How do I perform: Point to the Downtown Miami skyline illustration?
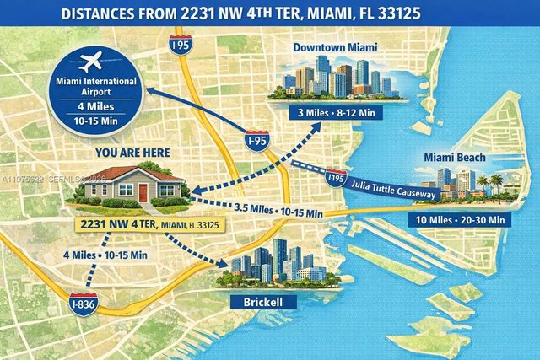tap(338, 78)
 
